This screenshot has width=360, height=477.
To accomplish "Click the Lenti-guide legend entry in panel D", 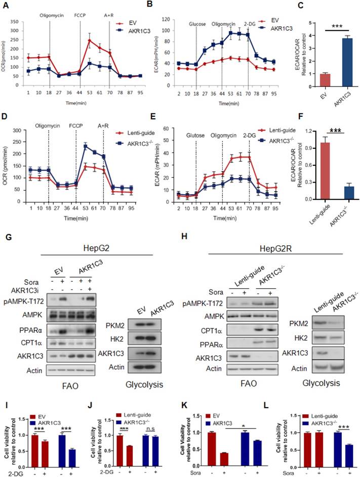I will (137, 132).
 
